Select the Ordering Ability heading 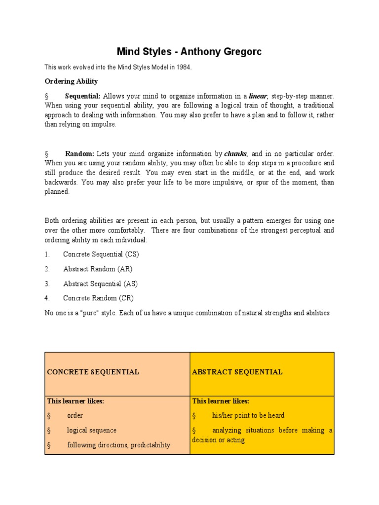coord(71,81)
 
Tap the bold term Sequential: coord(83,96)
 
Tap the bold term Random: coord(79,153)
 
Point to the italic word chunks coord(235,153)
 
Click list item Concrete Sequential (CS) coord(101,254)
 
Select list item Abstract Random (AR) coord(98,269)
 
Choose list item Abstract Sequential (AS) coord(101,284)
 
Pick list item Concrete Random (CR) coord(98,298)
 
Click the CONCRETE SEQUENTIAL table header coord(93,372)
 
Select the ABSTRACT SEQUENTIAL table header coord(237,372)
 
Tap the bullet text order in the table coord(75,415)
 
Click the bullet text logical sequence coord(92,430)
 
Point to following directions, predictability coord(118,445)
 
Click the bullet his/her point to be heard coord(248,415)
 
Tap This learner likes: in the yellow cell coord(221,401)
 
